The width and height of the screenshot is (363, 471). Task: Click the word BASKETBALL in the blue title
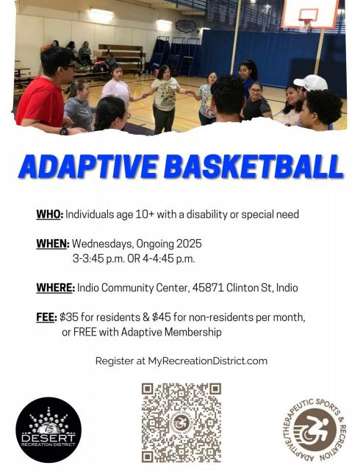254,166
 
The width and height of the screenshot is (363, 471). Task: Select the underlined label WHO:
50,214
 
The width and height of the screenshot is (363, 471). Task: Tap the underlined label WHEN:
53,244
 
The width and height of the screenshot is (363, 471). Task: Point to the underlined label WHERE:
56,288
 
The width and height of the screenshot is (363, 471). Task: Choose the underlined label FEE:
46,317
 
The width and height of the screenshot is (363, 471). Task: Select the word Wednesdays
103,244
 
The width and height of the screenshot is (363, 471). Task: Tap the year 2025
189,244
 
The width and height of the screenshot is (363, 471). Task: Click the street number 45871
208,288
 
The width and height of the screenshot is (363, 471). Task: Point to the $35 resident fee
68,317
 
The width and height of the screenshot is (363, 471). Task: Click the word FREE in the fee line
85,332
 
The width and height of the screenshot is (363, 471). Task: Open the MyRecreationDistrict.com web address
208,361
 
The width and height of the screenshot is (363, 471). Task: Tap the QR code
181,422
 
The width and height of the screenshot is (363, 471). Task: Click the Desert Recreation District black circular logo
48,430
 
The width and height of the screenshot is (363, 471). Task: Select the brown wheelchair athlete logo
315,430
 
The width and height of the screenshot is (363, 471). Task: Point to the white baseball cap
311,82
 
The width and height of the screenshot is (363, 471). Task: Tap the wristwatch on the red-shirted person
64,131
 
